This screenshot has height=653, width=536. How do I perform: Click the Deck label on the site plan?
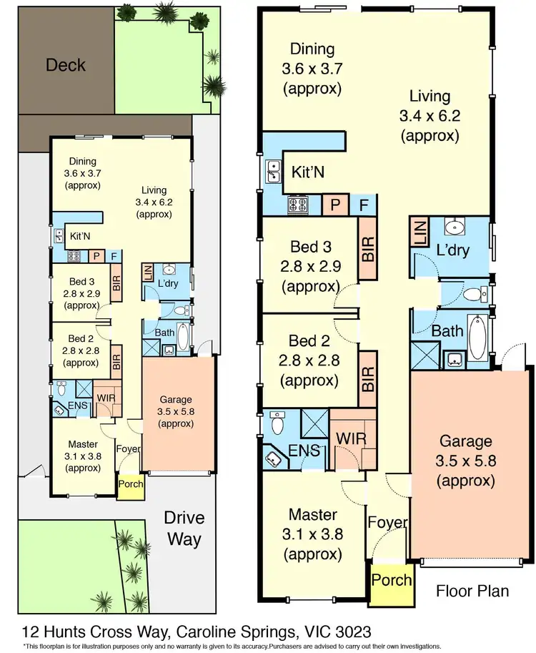click(x=66, y=65)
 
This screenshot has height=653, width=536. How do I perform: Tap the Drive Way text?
click(x=184, y=528)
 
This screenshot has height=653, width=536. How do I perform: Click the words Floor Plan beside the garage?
click(x=473, y=591)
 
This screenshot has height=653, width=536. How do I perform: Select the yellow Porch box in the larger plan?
click(x=392, y=579)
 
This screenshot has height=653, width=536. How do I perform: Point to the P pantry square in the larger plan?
click(x=334, y=205)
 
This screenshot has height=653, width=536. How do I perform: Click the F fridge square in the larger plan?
click(x=364, y=205)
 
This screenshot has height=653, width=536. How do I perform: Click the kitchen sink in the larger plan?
click(x=273, y=172)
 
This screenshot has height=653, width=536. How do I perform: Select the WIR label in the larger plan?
click(x=345, y=436)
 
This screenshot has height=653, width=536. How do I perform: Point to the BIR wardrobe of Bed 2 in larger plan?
click(x=368, y=373)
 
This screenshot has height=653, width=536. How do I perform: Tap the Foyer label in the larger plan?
click(x=388, y=524)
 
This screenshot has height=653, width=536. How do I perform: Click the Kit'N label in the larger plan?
click(x=307, y=172)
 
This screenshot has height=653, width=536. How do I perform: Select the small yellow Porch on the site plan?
click(x=131, y=484)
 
